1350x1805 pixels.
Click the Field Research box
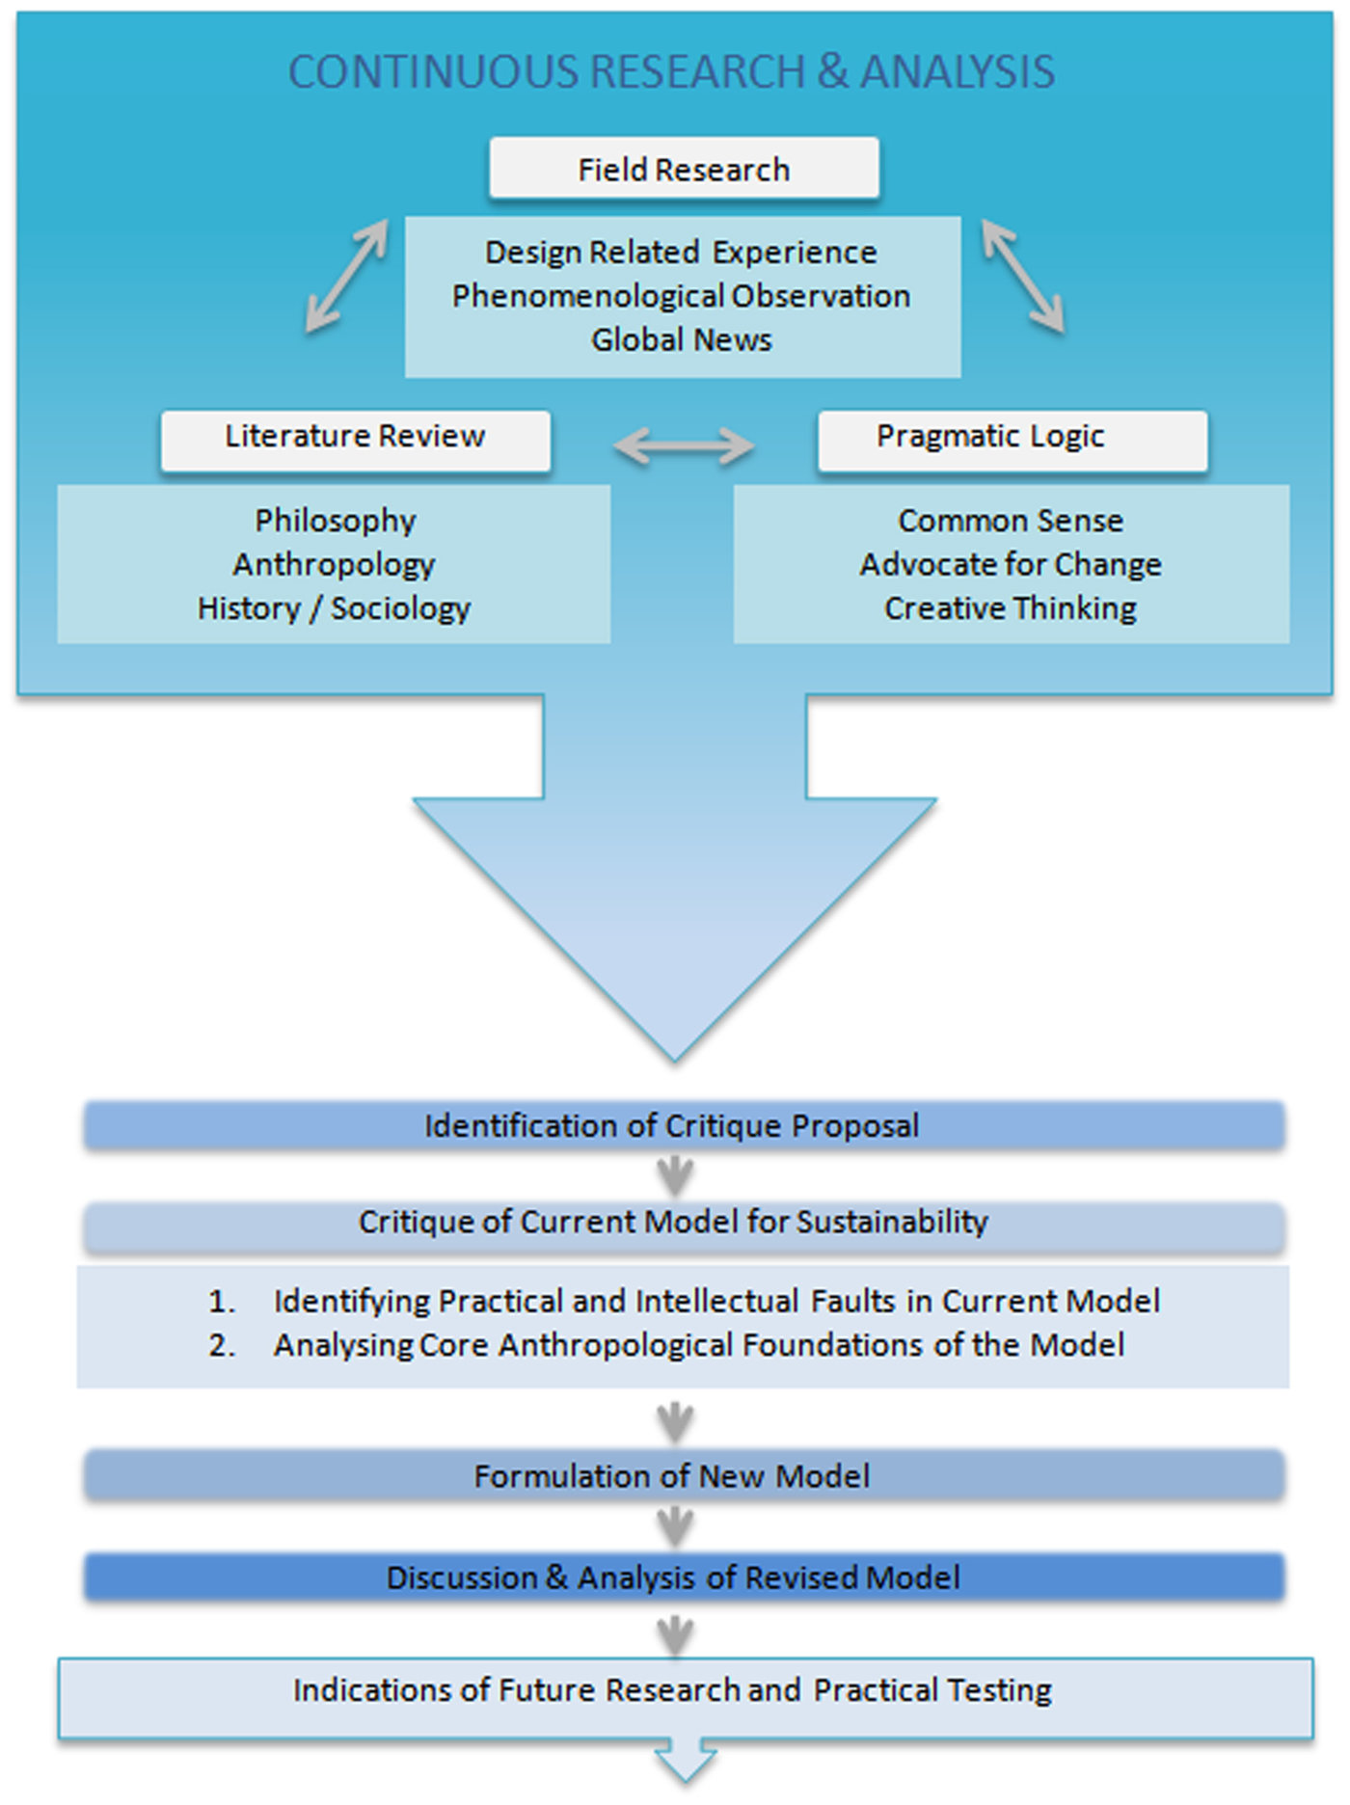684,169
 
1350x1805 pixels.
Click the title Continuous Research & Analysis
672,72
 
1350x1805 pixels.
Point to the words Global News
682,340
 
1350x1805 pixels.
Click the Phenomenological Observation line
682,296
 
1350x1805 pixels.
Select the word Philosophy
335,521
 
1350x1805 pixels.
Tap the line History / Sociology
334,608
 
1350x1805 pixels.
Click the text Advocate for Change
1011,564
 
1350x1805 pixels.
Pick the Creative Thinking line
1011,608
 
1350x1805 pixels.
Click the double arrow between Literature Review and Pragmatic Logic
684,445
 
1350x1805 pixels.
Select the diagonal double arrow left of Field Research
346,277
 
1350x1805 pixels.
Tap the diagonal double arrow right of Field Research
1023,277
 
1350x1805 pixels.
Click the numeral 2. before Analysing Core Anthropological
222,1345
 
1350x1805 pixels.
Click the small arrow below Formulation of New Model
675,1526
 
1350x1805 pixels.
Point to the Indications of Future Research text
672,1690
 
